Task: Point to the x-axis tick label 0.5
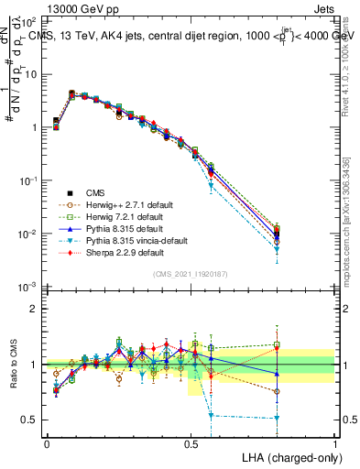(x=191, y=442)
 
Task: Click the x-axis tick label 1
(x=334, y=442)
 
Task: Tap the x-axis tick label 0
(x=47, y=442)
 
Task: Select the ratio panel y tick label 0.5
(x=30, y=420)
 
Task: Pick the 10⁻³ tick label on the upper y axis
(x=27, y=288)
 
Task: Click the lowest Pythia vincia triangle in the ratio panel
(x=277, y=419)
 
